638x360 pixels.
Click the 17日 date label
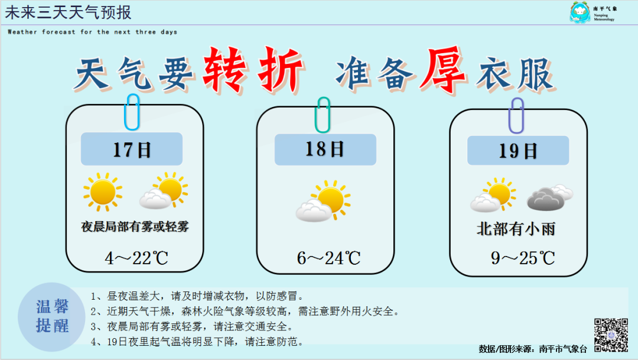coord(131,149)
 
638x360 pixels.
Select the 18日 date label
coord(325,149)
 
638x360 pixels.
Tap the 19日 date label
coord(518,151)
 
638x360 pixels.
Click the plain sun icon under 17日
coord(103,192)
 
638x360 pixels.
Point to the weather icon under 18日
coord(323,201)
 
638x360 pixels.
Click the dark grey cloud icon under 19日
coord(550,197)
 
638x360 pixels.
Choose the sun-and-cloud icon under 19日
coord(493,194)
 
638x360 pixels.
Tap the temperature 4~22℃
coord(136,258)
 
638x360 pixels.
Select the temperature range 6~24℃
coord(329,258)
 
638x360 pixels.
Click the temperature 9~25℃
coord(523,258)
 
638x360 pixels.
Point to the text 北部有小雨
coord(516,229)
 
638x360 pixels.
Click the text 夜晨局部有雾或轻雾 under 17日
coord(135,226)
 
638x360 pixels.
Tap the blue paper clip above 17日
coord(132,112)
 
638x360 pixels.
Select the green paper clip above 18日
coord(323,115)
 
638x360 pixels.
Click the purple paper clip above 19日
coord(516,116)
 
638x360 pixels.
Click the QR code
coord(611,335)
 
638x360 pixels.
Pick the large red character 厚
coord(444,70)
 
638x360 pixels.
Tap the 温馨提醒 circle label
coord(51,317)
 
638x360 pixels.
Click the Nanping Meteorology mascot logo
coord(580,12)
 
